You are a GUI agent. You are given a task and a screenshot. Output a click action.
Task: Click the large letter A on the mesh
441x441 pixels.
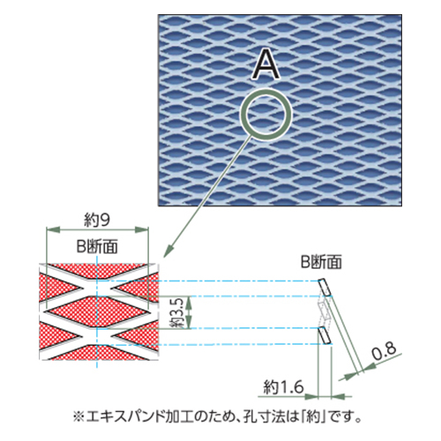(x=265, y=64)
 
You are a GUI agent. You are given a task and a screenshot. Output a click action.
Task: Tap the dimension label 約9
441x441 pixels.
(x=97, y=220)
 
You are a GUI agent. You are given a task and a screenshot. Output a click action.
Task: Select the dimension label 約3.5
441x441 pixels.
(x=178, y=312)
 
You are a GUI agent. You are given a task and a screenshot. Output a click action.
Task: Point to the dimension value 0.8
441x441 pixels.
(x=384, y=352)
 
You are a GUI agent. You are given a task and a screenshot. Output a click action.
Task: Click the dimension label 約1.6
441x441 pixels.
(x=283, y=386)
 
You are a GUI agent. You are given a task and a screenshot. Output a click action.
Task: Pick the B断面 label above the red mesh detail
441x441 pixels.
(x=97, y=246)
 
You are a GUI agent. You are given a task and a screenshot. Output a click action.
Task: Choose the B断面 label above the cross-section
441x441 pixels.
(x=321, y=261)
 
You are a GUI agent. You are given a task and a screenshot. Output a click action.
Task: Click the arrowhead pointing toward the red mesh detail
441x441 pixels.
(x=168, y=251)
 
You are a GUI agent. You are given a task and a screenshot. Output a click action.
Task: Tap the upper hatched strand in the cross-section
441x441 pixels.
(x=324, y=287)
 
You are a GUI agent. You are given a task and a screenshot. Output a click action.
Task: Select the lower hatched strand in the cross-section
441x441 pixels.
(x=324, y=335)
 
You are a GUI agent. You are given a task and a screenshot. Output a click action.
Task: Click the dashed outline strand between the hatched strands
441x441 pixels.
(x=324, y=311)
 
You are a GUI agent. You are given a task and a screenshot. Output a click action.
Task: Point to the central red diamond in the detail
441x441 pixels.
(x=97, y=312)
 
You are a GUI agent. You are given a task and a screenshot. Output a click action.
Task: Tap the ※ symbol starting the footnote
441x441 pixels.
(x=78, y=417)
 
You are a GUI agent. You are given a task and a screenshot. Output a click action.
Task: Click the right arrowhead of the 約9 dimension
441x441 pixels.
(x=141, y=229)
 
